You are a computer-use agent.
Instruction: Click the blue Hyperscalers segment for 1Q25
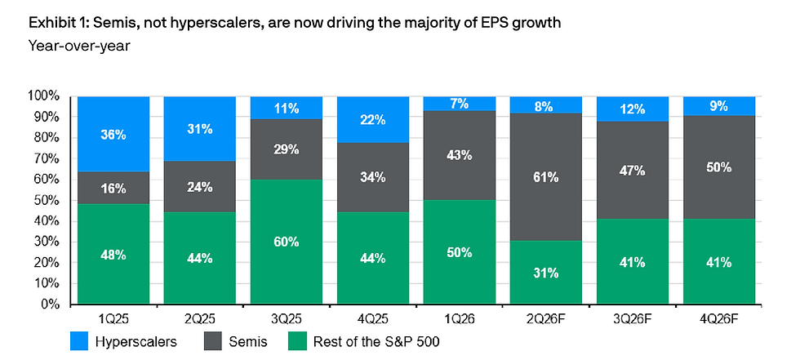[113, 134]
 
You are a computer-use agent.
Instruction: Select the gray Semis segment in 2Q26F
[546, 177]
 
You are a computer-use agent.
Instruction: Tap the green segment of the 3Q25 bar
[287, 242]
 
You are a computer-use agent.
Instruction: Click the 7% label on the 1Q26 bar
[459, 104]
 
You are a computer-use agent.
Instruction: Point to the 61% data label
[546, 177]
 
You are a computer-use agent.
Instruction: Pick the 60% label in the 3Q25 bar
[287, 242]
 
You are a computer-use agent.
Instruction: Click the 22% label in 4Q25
[373, 120]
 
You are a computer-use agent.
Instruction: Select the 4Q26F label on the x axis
[719, 319]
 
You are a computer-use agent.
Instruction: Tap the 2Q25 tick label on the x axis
[199, 319]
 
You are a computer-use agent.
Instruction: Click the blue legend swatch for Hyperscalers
[80, 342]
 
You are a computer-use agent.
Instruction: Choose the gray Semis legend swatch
[213, 342]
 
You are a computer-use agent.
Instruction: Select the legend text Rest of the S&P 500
[376, 342]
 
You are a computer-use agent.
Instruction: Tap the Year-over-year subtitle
[80, 46]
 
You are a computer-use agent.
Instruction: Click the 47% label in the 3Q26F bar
[633, 171]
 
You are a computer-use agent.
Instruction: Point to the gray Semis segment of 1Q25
[113, 188]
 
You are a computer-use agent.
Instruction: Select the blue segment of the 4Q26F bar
[719, 106]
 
